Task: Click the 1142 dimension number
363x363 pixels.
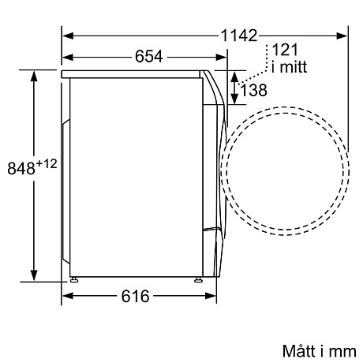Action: pyautogui.click(x=239, y=36)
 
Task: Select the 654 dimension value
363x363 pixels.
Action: pyautogui.click(x=149, y=56)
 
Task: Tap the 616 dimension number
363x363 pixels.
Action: pyautogui.click(x=135, y=296)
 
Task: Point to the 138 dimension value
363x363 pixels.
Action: pyautogui.click(x=253, y=90)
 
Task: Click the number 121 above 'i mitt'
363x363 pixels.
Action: pyautogui.click(x=285, y=50)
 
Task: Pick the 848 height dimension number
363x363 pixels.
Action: pyautogui.click(x=21, y=168)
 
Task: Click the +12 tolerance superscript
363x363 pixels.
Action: pyautogui.click(x=47, y=164)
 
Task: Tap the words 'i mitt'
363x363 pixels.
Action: pyautogui.click(x=289, y=67)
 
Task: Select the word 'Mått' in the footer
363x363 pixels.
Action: pyautogui.click(x=299, y=351)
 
